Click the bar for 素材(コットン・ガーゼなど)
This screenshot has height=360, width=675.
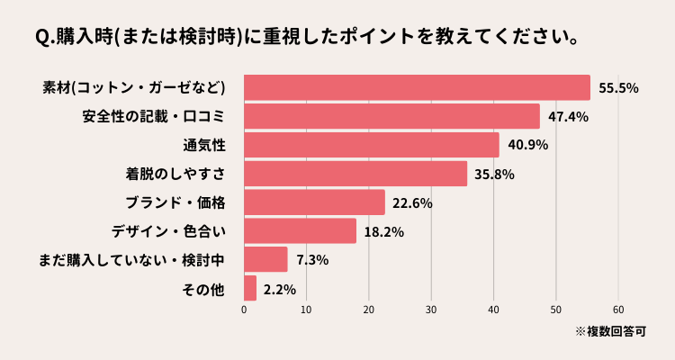point(417,87)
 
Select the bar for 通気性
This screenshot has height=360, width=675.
point(371,145)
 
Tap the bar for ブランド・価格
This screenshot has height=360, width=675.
point(314,202)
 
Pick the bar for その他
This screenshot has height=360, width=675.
point(250,288)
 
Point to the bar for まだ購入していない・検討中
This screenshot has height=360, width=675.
point(265,259)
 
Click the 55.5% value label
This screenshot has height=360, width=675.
point(618,88)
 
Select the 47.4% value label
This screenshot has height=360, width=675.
point(568,117)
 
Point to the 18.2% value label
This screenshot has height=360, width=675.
point(383,232)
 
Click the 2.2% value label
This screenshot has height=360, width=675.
point(280,289)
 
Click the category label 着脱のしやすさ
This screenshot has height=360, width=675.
point(174,174)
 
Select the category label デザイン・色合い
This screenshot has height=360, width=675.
point(167,231)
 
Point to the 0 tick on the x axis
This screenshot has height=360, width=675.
point(244,310)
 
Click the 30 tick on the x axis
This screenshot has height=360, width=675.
point(431,310)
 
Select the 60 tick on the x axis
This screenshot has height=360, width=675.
point(618,310)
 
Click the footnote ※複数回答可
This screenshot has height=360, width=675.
point(611,332)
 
